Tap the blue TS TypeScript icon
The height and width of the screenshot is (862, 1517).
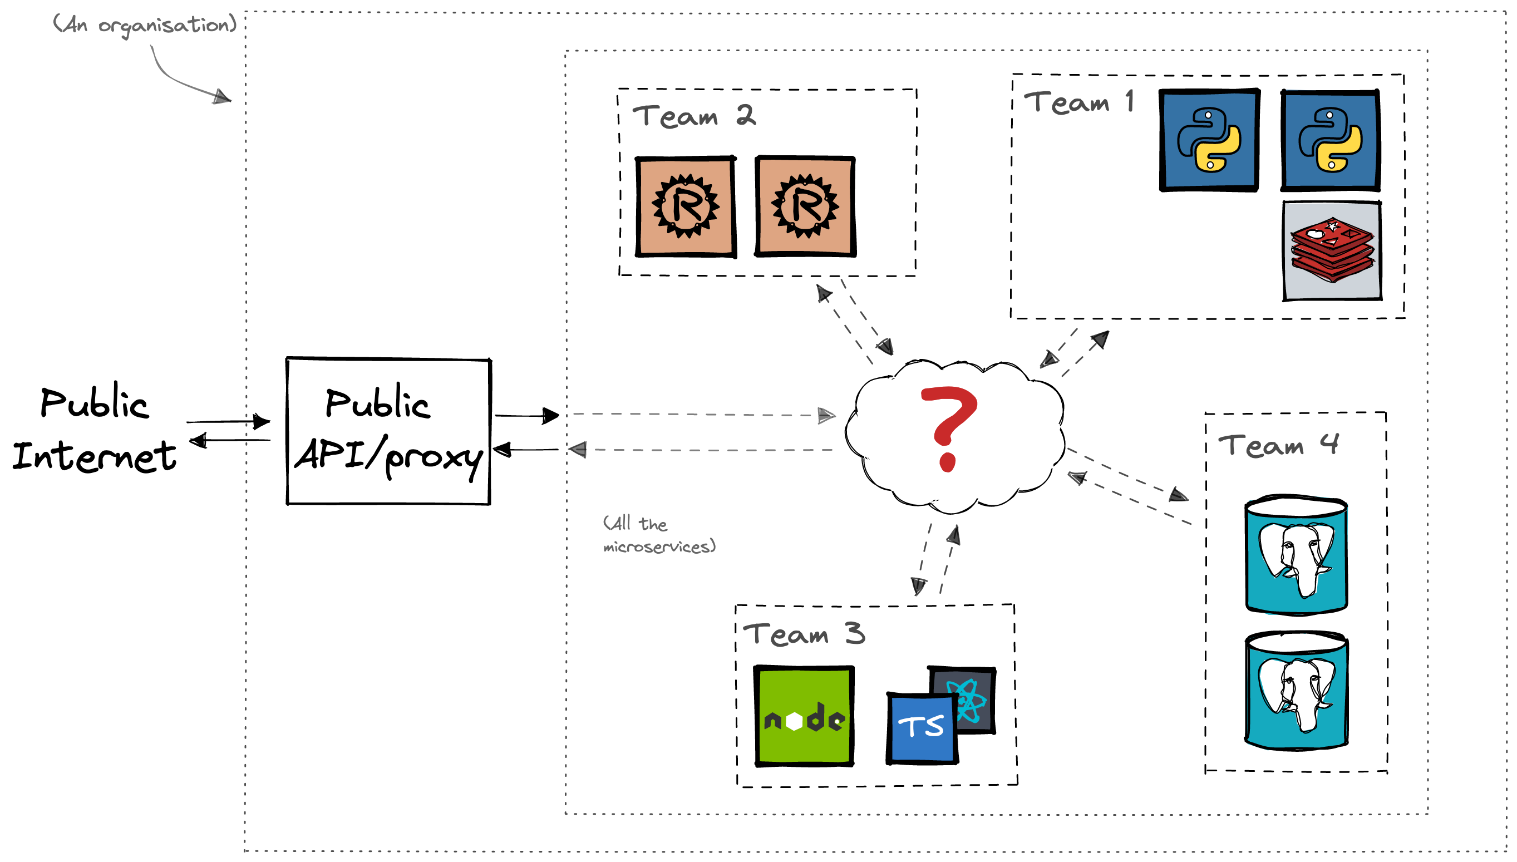point(921,728)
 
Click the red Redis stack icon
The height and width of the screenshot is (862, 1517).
point(1332,251)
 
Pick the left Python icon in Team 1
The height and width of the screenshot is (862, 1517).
point(1209,140)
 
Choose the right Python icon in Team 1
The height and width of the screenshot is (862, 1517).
point(1330,140)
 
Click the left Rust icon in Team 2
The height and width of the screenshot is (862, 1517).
point(686,206)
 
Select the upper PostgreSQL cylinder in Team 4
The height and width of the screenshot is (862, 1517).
point(1296,555)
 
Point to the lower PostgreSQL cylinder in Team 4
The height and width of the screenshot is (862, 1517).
point(1296,691)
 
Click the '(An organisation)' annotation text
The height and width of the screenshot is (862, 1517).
point(145,26)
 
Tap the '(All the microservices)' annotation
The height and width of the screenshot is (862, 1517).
point(659,535)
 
